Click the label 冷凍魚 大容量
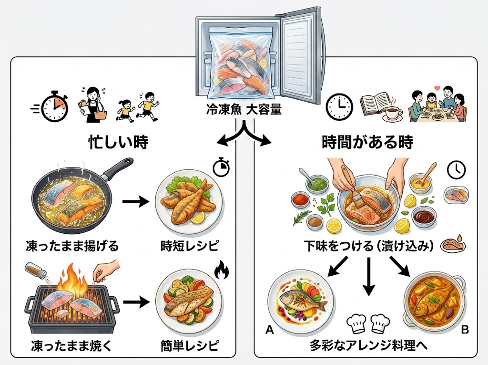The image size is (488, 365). [x=244, y=110]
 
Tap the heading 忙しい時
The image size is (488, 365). [x=119, y=142]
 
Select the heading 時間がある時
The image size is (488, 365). [x=367, y=142]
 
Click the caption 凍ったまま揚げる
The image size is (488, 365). [x=72, y=246]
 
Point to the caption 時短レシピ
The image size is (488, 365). [x=189, y=246]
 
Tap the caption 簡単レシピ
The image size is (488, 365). [x=189, y=344]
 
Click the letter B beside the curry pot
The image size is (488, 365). [x=465, y=329]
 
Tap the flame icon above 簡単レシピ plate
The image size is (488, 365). [x=222, y=271]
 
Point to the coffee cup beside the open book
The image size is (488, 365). [x=392, y=113]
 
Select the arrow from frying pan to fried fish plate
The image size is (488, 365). [x=135, y=202]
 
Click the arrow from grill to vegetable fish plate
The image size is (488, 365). [x=135, y=302]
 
